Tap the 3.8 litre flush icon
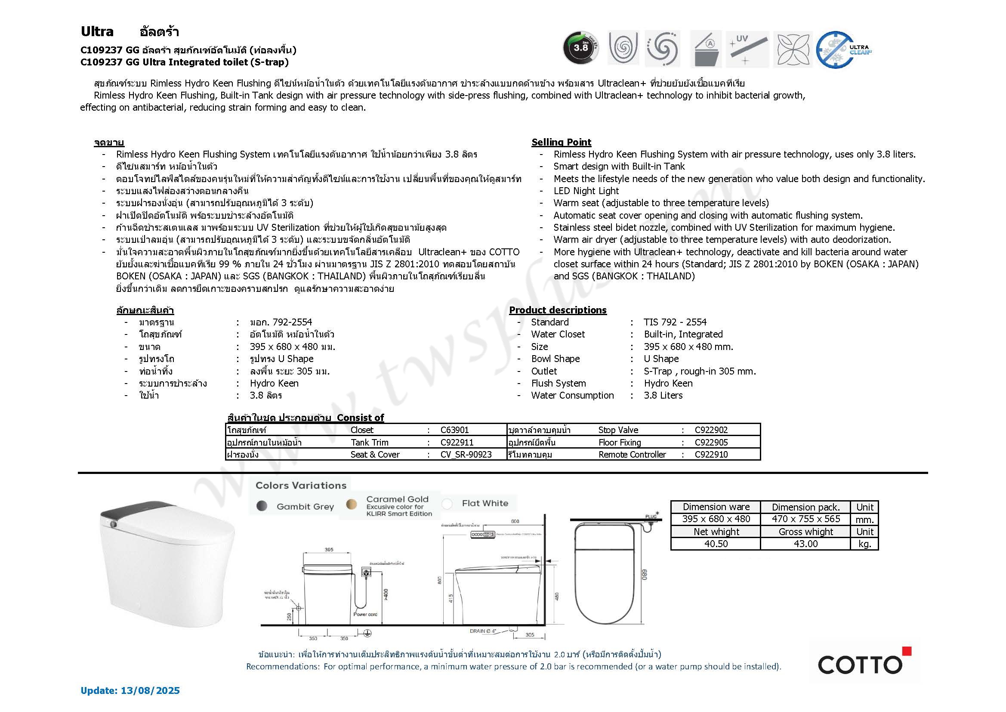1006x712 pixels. click(580, 48)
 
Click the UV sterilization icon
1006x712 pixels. click(747, 49)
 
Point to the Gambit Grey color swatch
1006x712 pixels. click(262, 505)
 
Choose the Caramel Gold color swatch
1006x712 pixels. click(352, 504)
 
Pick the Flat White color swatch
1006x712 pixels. click(447, 504)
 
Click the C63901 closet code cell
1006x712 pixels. click(454, 430)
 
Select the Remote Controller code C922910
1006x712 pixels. click(711, 455)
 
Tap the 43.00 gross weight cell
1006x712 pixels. click(805, 544)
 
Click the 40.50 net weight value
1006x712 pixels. click(716, 544)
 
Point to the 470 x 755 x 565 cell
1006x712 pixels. click(805, 519)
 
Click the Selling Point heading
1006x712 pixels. click(561, 142)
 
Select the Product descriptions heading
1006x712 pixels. click(558, 310)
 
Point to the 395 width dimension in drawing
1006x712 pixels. click(329, 550)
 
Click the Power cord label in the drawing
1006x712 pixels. click(365, 614)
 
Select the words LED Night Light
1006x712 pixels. click(586, 191)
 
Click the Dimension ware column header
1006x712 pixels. click(716, 507)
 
